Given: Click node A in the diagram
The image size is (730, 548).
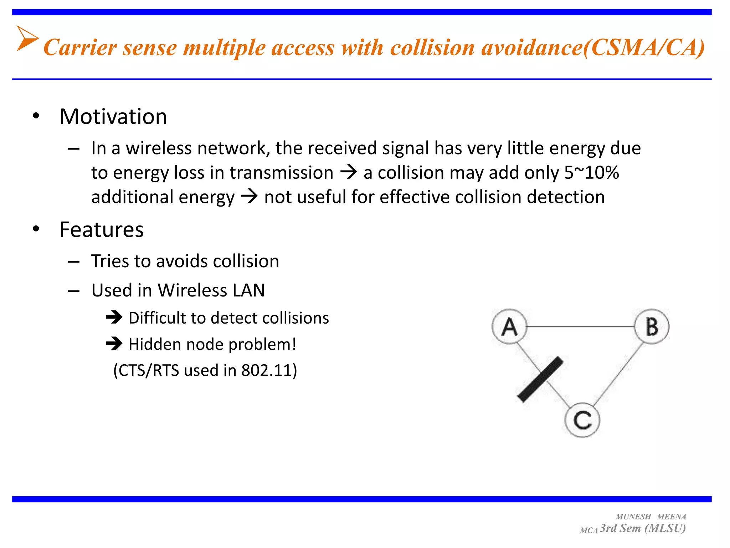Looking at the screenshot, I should [x=509, y=326].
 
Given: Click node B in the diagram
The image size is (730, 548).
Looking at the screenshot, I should [x=652, y=326].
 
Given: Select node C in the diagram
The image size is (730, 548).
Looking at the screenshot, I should [x=582, y=420].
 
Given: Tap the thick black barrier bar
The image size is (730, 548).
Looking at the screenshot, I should [x=540, y=379].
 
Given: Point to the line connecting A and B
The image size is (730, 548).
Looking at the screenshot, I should [x=580, y=326].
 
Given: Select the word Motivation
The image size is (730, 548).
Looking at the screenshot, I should [x=113, y=117].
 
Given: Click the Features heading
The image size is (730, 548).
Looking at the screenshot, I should [x=102, y=229].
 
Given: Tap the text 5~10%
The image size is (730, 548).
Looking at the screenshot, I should [x=591, y=173].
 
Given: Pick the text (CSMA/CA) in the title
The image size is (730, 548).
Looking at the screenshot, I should [x=643, y=47].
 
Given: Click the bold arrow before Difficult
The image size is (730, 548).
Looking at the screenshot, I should [x=114, y=317].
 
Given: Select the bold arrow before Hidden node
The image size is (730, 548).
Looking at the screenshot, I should [x=114, y=344].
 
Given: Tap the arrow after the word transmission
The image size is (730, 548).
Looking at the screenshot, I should [x=348, y=173].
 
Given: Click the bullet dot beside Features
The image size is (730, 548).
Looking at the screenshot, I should [x=36, y=229].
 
